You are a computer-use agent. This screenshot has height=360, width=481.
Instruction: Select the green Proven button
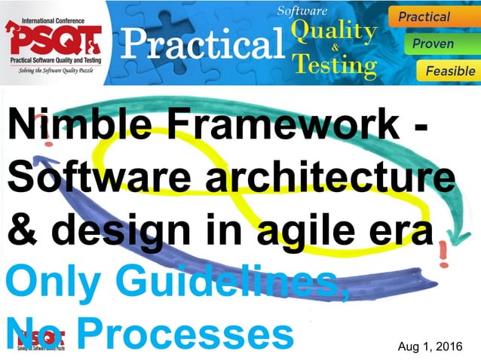pyautogui.click(x=434, y=43)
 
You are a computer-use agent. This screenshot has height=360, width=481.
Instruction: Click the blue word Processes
pyautogui.click(x=188, y=334)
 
